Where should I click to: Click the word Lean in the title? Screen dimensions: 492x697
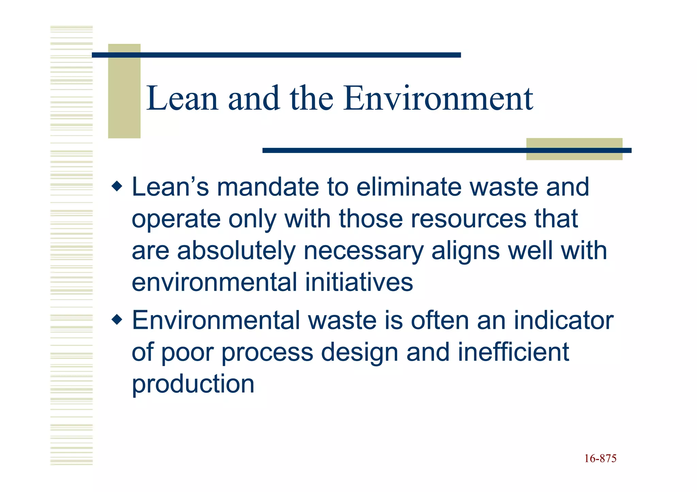pyautogui.click(x=182, y=99)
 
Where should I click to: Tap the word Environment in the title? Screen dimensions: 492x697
pyautogui.click(x=438, y=99)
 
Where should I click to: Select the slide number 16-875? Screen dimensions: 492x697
pyautogui.click(x=600, y=459)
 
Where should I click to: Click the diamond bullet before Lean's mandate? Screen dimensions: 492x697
pyautogui.click(x=117, y=186)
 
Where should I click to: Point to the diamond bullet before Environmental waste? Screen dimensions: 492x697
pyautogui.click(x=117, y=320)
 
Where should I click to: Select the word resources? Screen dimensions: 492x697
pyautogui.click(x=468, y=219)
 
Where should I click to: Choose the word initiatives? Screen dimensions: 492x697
pyautogui.click(x=359, y=282)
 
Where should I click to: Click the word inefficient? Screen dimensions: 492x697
pyautogui.click(x=513, y=352)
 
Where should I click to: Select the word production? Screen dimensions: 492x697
pyautogui.click(x=193, y=384)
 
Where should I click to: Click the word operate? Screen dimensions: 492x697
pyautogui.click(x=176, y=219)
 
